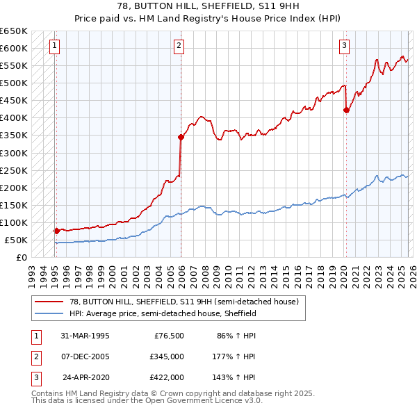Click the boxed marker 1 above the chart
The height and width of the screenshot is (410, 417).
click(55, 47)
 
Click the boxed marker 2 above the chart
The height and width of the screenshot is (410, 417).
click(179, 47)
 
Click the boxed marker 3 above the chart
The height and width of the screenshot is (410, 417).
click(344, 47)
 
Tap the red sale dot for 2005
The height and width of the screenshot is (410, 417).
click(181, 137)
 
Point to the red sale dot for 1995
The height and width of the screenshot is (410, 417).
click(56, 230)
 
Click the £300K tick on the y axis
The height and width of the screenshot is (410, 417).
click(14, 153)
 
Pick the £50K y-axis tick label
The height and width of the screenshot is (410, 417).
click(16, 240)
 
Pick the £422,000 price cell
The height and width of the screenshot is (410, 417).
click(165, 377)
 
